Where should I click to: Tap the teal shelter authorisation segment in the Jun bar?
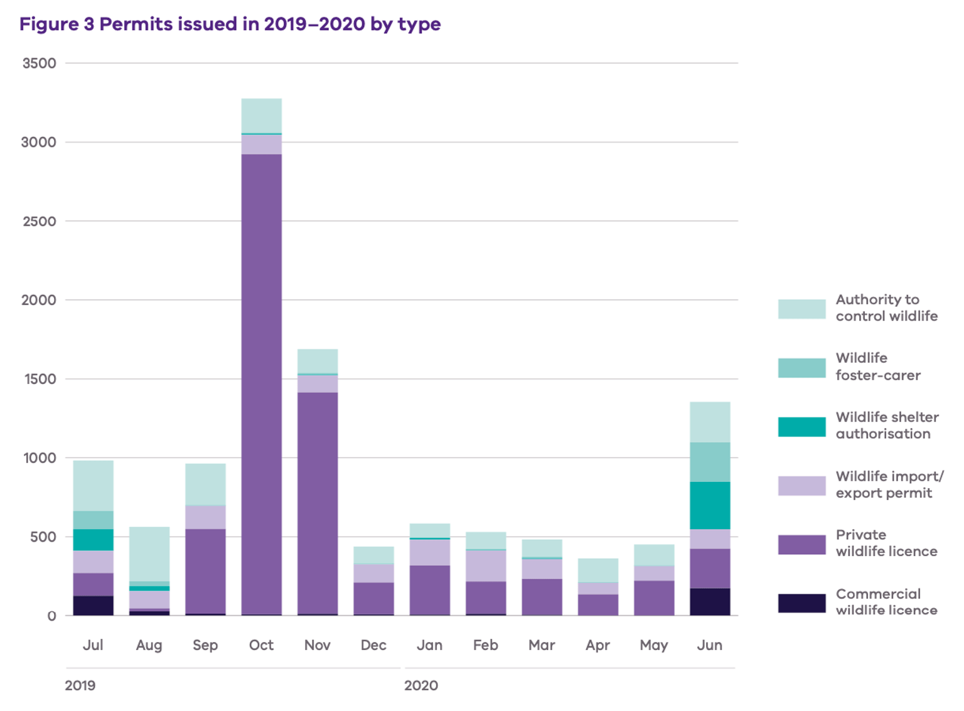point(710,505)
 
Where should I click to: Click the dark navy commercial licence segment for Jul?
point(93,605)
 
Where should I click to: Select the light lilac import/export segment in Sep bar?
point(205,517)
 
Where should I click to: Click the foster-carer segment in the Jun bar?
point(710,462)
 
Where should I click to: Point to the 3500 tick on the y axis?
point(39,63)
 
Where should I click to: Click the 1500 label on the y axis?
point(39,379)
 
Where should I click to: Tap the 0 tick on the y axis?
point(51,616)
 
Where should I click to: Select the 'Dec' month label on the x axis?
point(373,645)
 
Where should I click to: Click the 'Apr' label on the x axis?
point(597,645)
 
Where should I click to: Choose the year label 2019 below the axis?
point(80,685)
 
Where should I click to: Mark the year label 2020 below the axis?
point(421,685)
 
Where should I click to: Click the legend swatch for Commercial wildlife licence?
point(801,602)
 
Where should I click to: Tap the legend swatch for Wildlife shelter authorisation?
point(801,426)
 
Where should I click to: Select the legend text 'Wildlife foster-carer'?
point(877,366)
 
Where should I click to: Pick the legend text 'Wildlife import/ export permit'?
point(889,484)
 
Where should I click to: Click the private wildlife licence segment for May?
point(654,597)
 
